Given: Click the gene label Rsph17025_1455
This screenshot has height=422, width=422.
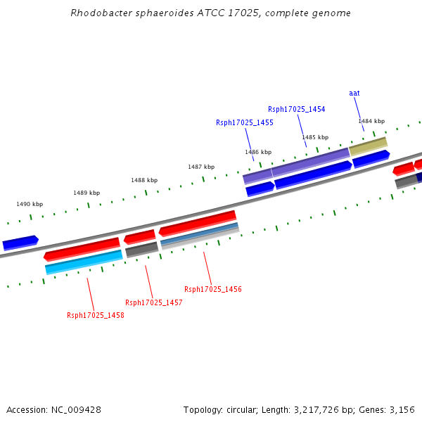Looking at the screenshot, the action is pos(244,122).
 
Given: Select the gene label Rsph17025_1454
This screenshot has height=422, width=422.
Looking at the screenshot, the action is pos(296,109).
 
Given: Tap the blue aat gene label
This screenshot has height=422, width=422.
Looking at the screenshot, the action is pos(354,93).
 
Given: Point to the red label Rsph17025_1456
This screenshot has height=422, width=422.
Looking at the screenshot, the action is pos(213,289).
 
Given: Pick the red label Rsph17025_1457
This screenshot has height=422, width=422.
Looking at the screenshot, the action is pos(153,302).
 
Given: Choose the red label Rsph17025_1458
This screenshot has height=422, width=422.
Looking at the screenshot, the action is pos(96,315).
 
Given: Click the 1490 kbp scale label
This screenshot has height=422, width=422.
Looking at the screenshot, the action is pos(30,204).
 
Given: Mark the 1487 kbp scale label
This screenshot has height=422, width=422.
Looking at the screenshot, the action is pos(201,167).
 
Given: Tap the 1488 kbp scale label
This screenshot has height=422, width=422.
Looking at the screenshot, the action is pos(144,180).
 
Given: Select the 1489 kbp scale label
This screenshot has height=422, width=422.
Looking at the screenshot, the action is pos(87,193).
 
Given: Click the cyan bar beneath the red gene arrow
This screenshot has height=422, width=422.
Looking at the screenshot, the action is pos(84,262).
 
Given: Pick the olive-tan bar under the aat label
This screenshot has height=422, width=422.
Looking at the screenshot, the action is pos(368,146).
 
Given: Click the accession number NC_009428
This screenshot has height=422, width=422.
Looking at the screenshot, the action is pos(76,410).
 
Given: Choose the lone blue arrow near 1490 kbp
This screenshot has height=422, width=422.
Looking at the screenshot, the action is pos(20,243).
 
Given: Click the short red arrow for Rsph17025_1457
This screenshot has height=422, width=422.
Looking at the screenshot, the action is pos(140,237).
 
